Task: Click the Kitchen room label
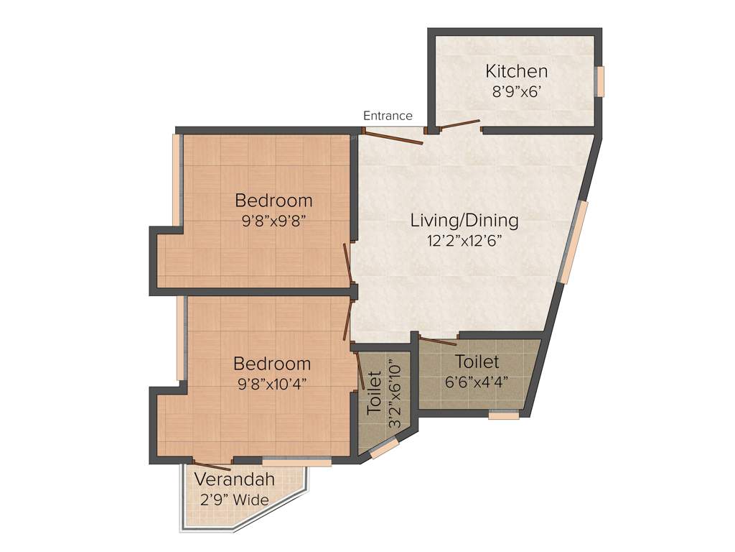coord(516,71)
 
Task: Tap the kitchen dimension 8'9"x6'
coord(516,91)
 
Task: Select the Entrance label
coord(388,116)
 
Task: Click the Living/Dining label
coord(464,220)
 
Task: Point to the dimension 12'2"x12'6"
coord(464,241)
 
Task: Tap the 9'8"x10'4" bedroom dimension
coord(272,383)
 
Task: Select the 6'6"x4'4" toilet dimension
coord(477,382)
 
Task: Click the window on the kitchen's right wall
coord(601,80)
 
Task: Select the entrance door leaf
coord(393,137)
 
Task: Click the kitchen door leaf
coord(459,125)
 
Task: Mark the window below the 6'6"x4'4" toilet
coord(503,415)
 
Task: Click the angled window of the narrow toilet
coord(384,449)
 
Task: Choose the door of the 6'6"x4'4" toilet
coord(438,341)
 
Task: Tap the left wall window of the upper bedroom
coord(175,180)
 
